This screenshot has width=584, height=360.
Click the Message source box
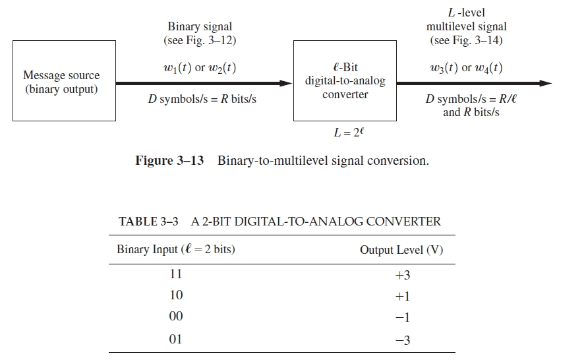[64, 82]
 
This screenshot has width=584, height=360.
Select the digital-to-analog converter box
[345, 82]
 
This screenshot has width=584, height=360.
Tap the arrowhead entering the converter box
[286, 84]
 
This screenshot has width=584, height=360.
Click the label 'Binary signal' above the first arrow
[200, 27]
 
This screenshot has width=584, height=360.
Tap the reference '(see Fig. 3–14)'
[466, 40]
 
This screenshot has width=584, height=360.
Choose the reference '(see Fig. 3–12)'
[200, 40]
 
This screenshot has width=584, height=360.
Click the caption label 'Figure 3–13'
[169, 161]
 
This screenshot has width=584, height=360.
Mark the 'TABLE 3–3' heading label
[148, 222]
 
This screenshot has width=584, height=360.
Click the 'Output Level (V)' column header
[401, 250]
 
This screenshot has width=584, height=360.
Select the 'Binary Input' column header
[176, 250]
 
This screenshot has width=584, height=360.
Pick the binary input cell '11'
[176, 274]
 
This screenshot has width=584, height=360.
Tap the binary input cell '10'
[176, 295]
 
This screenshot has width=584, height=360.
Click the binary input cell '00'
[176, 317]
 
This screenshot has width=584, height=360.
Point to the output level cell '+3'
[402, 275]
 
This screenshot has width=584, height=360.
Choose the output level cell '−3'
[402, 340]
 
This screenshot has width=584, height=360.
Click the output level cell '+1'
[402, 297]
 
